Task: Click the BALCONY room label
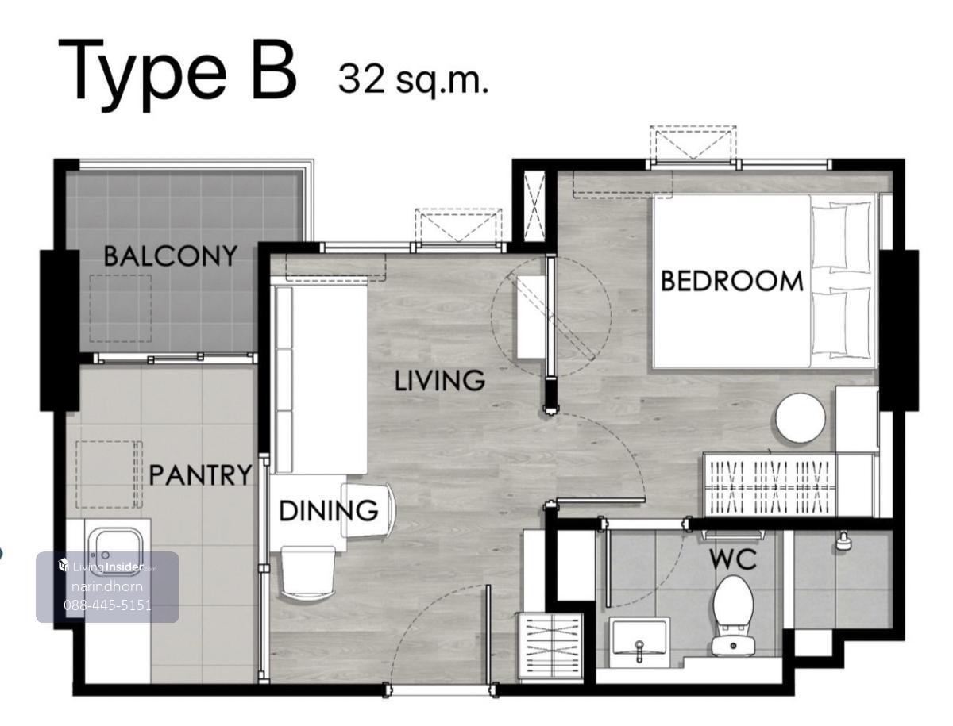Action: [x=170, y=255]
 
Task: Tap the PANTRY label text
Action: [x=199, y=475]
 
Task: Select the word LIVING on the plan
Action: [x=439, y=380]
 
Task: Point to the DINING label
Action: [x=327, y=510]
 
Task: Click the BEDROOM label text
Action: [x=731, y=281]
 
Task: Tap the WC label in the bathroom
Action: [x=733, y=560]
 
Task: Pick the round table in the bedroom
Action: [x=801, y=417]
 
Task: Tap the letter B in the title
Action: [x=275, y=69]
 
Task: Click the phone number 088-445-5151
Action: [x=107, y=605]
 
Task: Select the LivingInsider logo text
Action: [x=106, y=567]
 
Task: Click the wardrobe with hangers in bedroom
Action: [x=768, y=485]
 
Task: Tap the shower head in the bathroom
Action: [x=843, y=541]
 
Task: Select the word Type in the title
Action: [x=142, y=75]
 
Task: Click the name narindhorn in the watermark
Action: [x=106, y=586]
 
